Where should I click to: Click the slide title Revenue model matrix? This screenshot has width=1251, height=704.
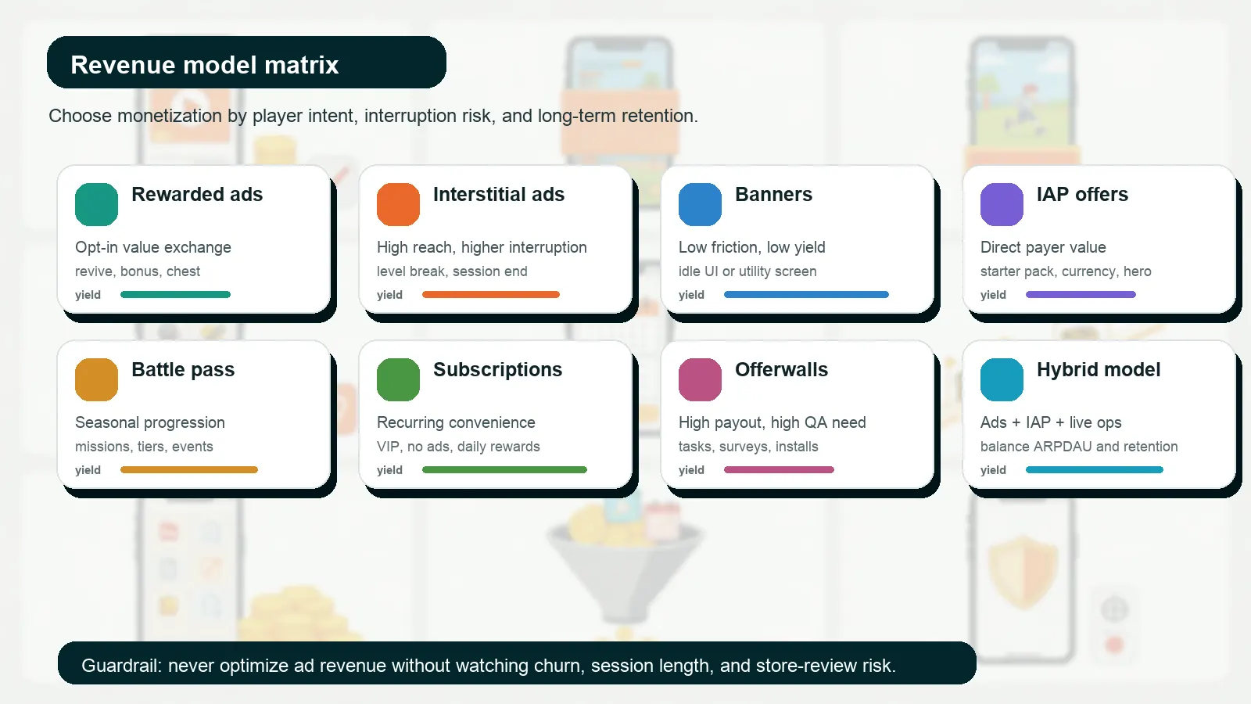click(x=205, y=64)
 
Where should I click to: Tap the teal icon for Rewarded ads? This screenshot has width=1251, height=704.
click(x=96, y=204)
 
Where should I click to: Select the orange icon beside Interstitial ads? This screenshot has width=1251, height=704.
click(x=398, y=204)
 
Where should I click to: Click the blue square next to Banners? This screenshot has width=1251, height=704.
click(x=700, y=204)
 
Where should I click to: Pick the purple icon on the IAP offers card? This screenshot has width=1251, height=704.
click(x=1002, y=204)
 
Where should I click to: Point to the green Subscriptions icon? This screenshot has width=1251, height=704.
click(x=398, y=379)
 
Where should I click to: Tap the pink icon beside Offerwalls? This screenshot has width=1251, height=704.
click(x=700, y=379)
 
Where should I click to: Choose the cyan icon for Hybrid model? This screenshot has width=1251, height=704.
click(x=1002, y=379)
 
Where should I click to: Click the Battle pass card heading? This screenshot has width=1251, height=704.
click(x=183, y=369)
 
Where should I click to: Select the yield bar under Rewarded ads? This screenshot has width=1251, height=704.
click(x=175, y=295)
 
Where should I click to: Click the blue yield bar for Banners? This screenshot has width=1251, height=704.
click(x=806, y=295)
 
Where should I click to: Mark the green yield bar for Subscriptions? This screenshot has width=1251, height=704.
click(x=504, y=470)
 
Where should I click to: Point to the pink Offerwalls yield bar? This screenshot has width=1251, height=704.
click(x=779, y=470)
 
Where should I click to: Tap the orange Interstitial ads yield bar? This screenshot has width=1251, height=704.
click(x=490, y=295)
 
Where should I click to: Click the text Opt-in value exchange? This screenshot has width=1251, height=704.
click(x=153, y=247)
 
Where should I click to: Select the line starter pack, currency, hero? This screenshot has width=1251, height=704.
click(x=1066, y=271)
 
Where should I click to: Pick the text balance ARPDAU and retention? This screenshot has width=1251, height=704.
click(x=1079, y=447)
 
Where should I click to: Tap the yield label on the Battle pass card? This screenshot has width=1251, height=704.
click(x=88, y=470)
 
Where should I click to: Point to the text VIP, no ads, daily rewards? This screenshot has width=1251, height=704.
click(x=458, y=447)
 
